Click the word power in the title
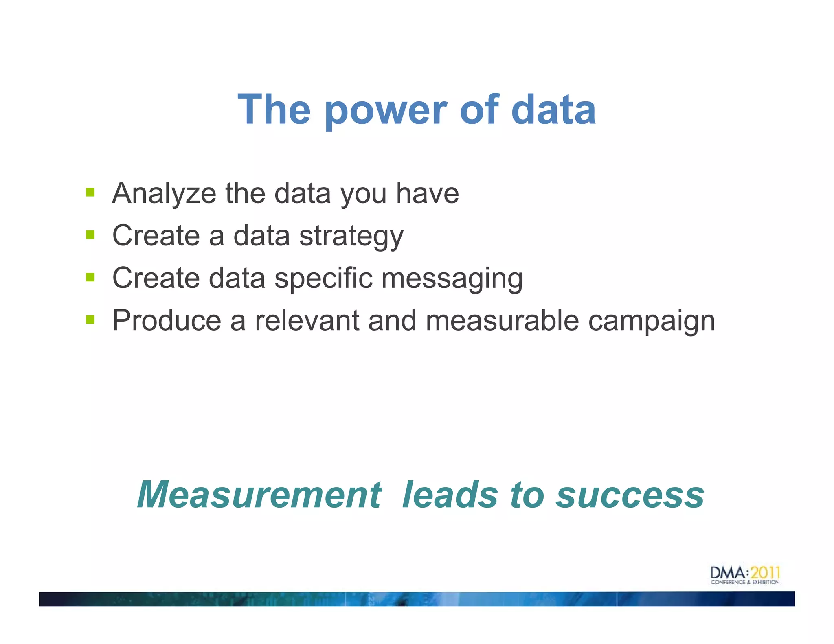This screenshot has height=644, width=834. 385,111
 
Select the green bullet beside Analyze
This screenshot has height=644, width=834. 90,192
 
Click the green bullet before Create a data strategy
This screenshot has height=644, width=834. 90,235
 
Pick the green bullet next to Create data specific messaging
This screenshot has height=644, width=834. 90,277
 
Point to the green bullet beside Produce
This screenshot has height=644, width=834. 90,320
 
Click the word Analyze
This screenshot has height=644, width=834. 164,194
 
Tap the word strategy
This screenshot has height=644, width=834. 351,237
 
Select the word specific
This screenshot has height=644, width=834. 323,279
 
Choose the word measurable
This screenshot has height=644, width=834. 502,321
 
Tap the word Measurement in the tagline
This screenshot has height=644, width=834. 259,495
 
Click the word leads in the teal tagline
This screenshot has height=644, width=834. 450,495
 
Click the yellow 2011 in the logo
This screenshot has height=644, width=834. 765,572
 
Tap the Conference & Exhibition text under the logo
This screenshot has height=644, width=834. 745,583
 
